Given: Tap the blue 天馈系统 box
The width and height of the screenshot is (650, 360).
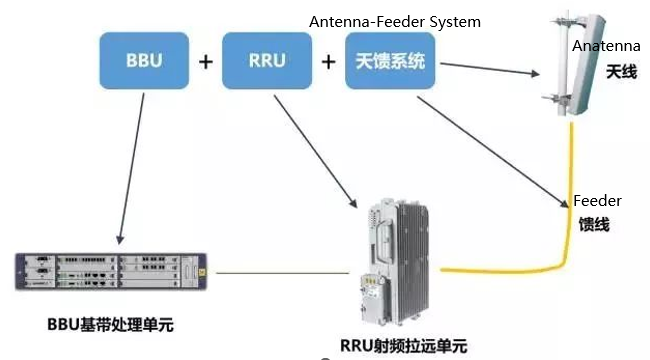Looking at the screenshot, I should point(390,60).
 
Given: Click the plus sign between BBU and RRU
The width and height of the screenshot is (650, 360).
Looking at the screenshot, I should point(205,61).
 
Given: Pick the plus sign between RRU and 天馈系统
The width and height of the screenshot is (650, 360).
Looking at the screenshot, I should point(328,61).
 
